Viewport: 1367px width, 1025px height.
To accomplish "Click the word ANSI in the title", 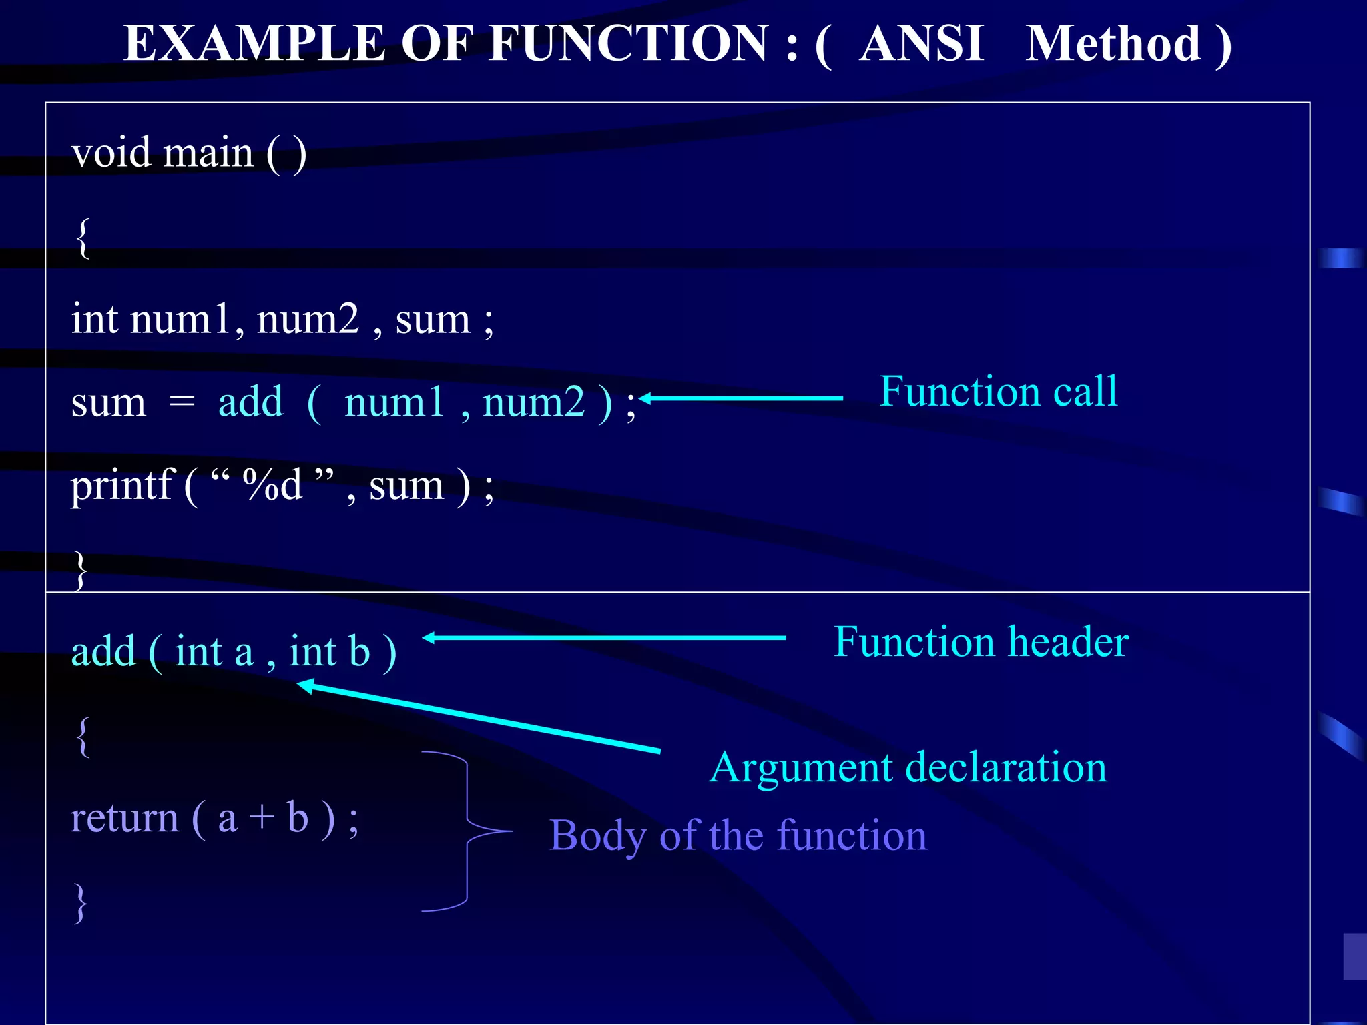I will tap(921, 44).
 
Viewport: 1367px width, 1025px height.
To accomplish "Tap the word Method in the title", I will tap(1113, 44).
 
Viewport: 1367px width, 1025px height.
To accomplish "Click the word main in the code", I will tap(208, 153).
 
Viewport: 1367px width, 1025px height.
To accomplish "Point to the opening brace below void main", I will tap(82, 238).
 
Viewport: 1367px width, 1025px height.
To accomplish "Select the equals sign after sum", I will tap(182, 402).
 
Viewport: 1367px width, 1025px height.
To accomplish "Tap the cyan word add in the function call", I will tap(250, 402).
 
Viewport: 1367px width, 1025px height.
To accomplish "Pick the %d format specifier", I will tap(272, 484).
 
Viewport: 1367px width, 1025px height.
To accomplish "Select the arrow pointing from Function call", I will tap(741, 398).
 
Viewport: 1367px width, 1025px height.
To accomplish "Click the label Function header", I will tap(981, 642).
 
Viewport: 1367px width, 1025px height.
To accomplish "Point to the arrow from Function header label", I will tap(604, 638).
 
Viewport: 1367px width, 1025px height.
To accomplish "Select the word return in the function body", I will tap(125, 819).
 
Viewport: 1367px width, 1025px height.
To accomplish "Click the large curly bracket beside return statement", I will tap(467, 831).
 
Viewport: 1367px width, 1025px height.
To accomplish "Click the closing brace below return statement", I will tap(81, 903).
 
